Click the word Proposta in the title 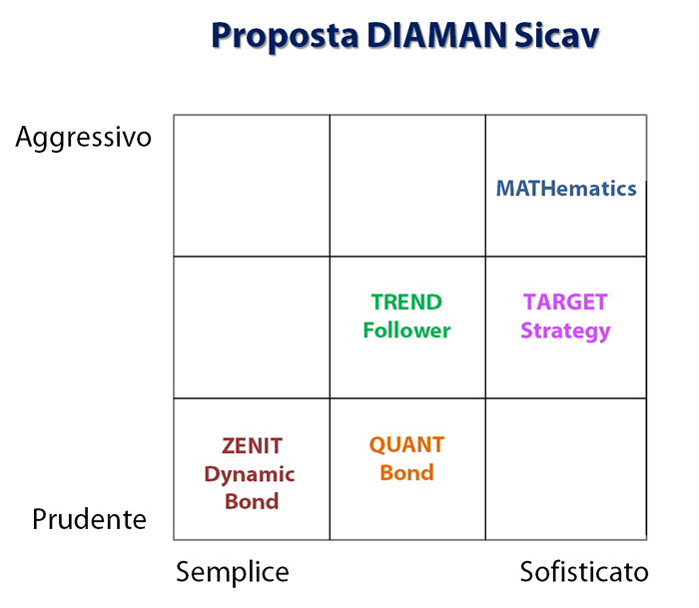click(285, 37)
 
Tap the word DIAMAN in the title click(437, 35)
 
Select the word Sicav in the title click(557, 35)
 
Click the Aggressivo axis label click(83, 138)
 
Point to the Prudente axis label click(89, 519)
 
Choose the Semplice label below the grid click(233, 573)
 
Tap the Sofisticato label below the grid click(584, 572)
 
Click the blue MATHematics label click(566, 189)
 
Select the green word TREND click(406, 303)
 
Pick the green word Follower click(406, 330)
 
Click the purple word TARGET click(565, 303)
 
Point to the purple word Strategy click(565, 332)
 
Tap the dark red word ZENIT click(252, 446)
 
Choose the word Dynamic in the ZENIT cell click(250, 475)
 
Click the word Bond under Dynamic click(252, 501)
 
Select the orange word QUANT click(406, 445)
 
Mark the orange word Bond click(406, 472)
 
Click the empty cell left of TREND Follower click(252, 327)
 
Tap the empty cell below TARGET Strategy click(566, 469)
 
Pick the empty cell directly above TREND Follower click(407, 186)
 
